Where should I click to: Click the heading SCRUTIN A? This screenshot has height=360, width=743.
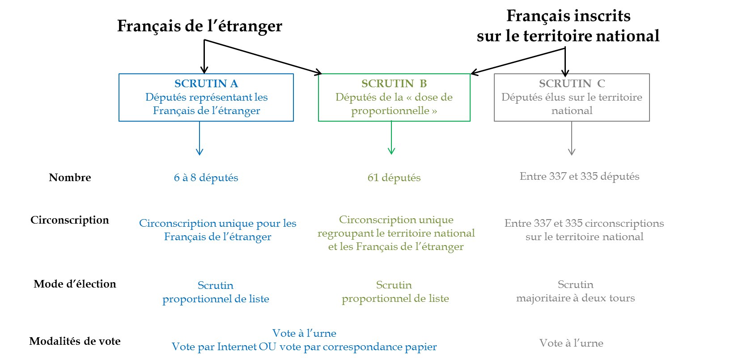click(206, 84)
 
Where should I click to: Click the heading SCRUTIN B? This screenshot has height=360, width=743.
click(394, 84)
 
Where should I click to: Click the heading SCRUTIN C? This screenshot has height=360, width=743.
click(572, 84)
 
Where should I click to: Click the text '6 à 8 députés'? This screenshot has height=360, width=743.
click(206, 178)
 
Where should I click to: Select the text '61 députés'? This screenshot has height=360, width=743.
click(394, 178)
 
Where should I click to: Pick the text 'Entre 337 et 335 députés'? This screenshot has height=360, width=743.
click(579, 176)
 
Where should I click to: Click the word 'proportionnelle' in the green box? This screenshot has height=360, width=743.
click(390, 110)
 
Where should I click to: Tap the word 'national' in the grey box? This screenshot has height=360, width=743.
click(572, 110)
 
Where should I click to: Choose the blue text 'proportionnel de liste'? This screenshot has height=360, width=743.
click(216, 299)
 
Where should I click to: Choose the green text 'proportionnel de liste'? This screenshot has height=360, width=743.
click(395, 298)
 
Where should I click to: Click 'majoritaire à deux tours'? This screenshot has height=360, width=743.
click(575, 298)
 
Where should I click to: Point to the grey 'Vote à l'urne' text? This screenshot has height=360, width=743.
click(571, 343)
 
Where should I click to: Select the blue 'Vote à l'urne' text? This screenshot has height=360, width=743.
click(304, 333)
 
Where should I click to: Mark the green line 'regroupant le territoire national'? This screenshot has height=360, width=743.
click(396, 233)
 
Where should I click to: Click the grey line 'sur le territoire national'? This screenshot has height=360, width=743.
click(584, 237)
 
